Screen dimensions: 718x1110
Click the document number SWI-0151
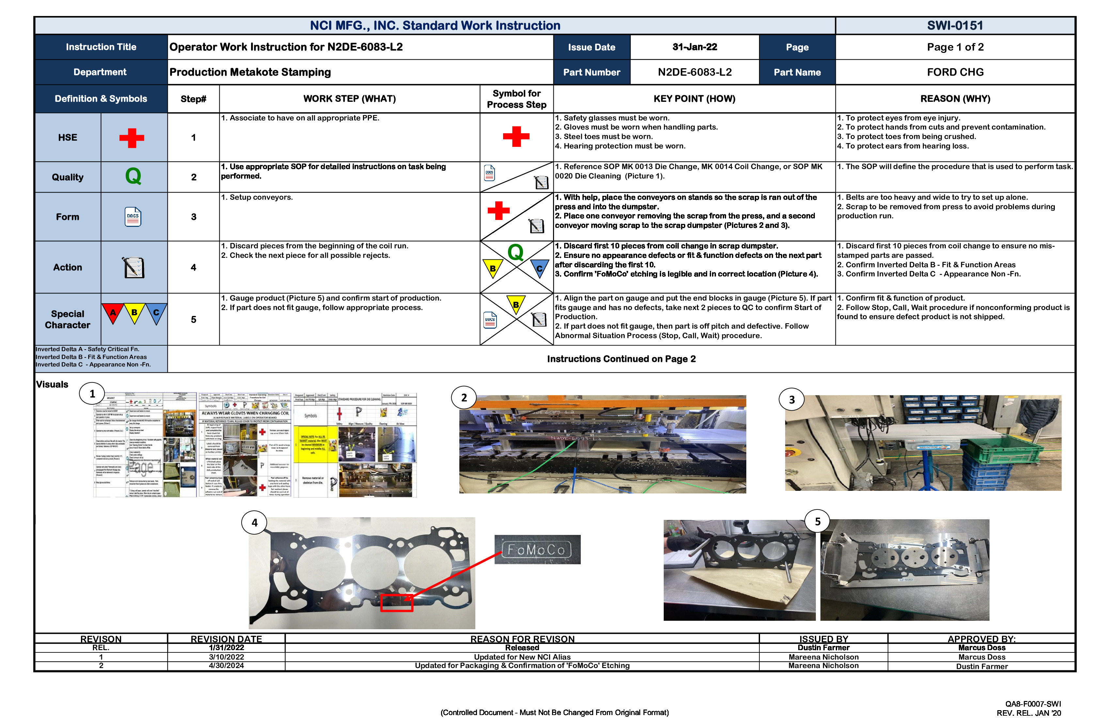coord(955,26)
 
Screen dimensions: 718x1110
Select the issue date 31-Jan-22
coord(694,47)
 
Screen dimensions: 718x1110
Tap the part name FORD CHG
coord(955,72)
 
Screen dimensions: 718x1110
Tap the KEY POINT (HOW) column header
coord(694,99)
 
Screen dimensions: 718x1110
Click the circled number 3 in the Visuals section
coord(791,399)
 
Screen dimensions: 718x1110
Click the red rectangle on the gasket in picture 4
coord(396,602)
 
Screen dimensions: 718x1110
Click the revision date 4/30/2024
coord(226,665)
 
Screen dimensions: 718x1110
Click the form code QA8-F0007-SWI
coord(1033,704)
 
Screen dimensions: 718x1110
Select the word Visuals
coord(52,385)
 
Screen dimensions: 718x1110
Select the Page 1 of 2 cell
coord(955,47)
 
